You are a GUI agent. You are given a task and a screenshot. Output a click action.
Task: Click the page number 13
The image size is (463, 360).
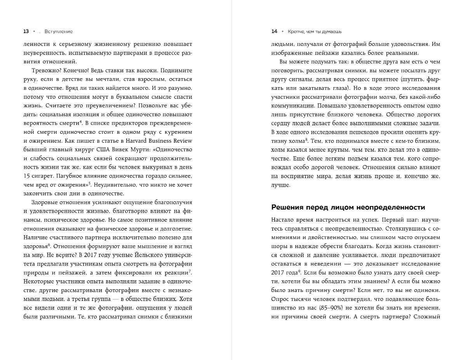(26, 31)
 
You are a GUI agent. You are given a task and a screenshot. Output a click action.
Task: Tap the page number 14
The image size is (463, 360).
(274, 31)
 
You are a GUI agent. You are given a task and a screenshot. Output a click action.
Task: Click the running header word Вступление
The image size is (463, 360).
(59, 31)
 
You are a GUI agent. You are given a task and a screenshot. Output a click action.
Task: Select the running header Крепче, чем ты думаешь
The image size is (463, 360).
(312, 31)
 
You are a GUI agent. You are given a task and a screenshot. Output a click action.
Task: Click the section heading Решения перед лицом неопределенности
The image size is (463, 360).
(348, 207)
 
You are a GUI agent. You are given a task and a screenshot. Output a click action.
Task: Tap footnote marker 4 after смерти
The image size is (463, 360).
(80, 122)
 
